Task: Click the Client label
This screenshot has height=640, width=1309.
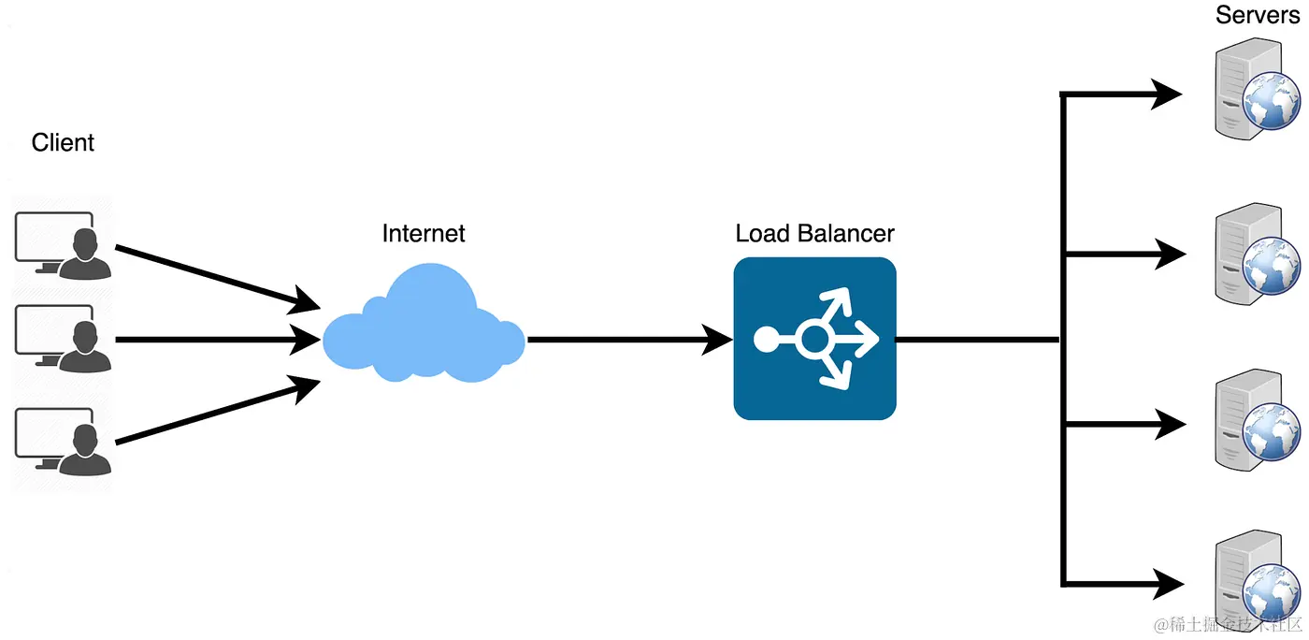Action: [63, 143]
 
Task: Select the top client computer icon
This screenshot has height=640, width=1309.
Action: [63, 245]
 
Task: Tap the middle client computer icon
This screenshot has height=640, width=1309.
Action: [63, 340]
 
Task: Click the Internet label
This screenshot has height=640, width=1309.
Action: [424, 233]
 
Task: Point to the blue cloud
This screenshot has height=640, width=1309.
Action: [424, 327]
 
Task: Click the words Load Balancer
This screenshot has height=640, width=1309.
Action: [814, 233]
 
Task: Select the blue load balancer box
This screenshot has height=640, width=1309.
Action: [814, 339]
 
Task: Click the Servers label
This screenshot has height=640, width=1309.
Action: [1257, 15]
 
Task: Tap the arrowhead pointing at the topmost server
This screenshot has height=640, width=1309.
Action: [1169, 94]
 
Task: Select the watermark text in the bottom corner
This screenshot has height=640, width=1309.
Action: [1226, 624]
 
